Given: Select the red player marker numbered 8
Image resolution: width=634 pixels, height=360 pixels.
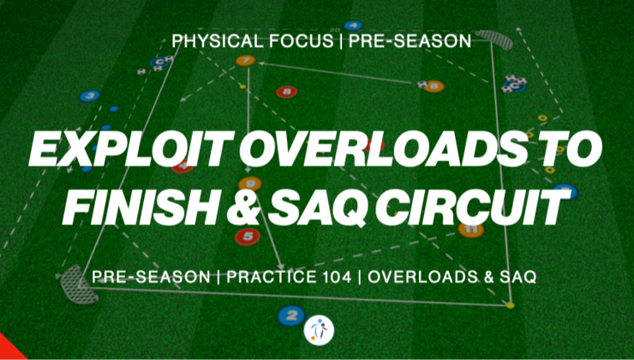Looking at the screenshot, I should click(x=288, y=91).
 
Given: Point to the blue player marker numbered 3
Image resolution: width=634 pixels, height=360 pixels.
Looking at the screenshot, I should click(x=89, y=96).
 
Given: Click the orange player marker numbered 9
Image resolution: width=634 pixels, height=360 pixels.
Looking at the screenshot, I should click(x=249, y=183).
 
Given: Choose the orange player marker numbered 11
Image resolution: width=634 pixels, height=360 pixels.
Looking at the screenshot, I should click(x=470, y=229).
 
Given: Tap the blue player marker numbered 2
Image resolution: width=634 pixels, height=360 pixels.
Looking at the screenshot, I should click(x=291, y=315).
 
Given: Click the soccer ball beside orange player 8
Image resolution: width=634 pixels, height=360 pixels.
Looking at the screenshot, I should click(x=422, y=84).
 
